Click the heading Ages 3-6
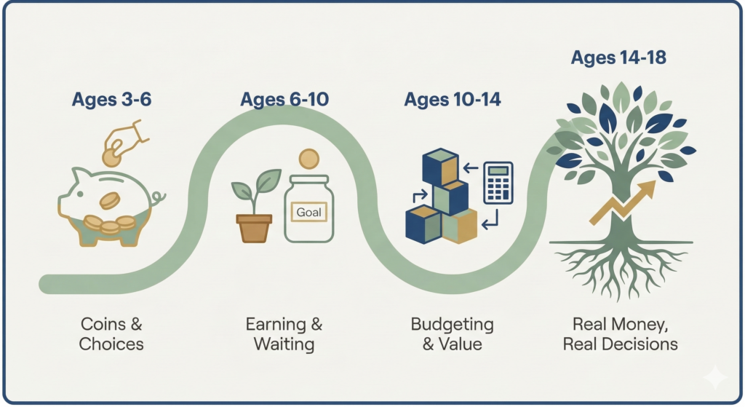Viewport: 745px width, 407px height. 111,100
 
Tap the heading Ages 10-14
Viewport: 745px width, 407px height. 453,100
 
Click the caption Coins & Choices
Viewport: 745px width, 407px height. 111,333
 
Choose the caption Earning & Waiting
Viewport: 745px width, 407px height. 283,333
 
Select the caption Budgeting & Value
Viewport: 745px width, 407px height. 452,333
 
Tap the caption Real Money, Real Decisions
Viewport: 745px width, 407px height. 624,333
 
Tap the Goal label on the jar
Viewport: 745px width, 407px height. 310,213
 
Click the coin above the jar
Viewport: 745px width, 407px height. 309,159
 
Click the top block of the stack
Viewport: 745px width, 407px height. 441,166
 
